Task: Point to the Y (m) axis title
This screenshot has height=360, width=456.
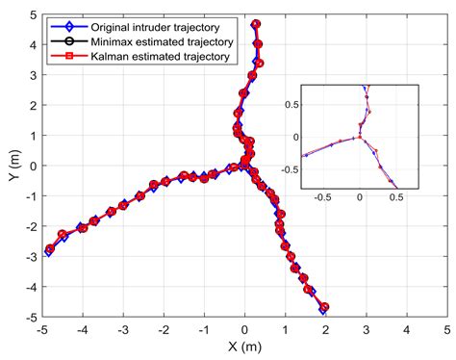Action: click(x=11, y=166)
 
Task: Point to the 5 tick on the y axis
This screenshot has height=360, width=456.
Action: click(x=33, y=14)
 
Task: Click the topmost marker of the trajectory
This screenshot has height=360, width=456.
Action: click(x=255, y=24)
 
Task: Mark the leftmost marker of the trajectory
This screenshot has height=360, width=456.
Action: click(x=50, y=249)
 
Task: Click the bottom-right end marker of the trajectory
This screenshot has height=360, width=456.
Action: click(x=325, y=308)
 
